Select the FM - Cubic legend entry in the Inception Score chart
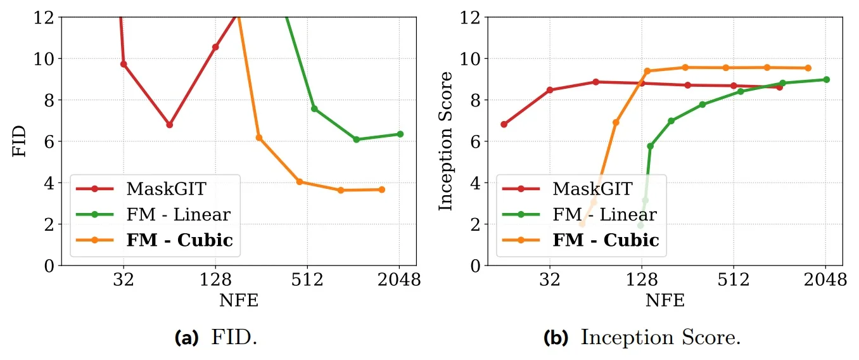[x=606, y=240]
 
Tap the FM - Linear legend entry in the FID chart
[x=178, y=214]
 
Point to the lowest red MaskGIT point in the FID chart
[x=169, y=125]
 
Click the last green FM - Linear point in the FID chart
[x=400, y=134]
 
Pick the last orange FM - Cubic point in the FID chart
[x=382, y=190]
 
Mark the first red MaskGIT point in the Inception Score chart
[x=504, y=124]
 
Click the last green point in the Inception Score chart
[x=827, y=79]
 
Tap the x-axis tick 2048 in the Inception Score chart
[x=825, y=280]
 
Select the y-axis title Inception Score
[x=447, y=141]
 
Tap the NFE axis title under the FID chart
[x=238, y=300]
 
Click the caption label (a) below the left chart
[x=185, y=338]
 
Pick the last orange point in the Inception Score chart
[x=808, y=68]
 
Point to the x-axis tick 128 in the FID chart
[x=215, y=280]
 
